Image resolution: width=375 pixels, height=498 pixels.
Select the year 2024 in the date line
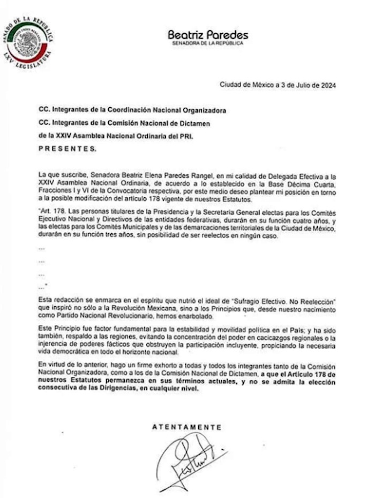[x=327, y=85]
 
